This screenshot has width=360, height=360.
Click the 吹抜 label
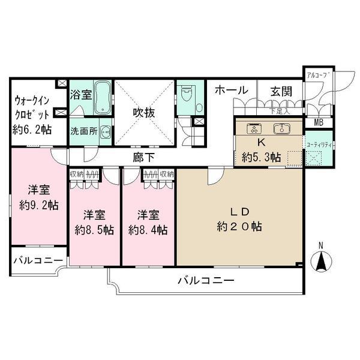coord(145,112)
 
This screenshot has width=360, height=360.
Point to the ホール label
coord(231,90)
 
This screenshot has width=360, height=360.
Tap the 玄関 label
coord(280,91)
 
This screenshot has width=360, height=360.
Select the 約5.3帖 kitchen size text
coord(262,158)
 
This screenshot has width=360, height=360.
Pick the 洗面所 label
coord(83,131)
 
